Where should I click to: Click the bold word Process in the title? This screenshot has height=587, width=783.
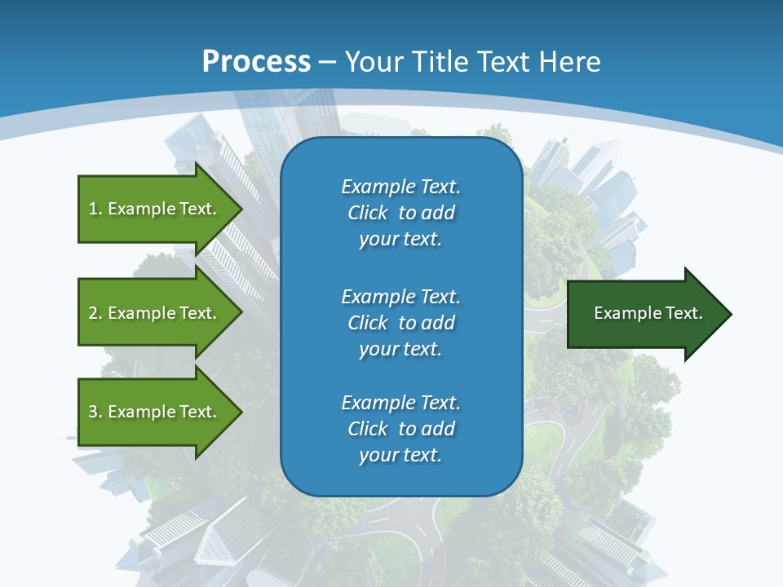point(256,62)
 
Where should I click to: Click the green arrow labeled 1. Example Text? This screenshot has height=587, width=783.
point(155,209)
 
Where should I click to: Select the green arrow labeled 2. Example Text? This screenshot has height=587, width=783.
point(155,313)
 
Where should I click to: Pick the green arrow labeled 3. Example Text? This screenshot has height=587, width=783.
point(155,412)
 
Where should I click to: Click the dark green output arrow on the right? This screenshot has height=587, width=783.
point(644,314)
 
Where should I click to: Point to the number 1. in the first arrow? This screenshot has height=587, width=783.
point(95,209)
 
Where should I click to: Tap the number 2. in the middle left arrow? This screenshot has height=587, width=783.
point(95,313)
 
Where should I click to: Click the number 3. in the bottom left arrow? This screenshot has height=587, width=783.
point(95,412)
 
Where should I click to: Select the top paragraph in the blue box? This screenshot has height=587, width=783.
point(400,213)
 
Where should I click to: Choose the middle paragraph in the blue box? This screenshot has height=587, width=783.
point(400,322)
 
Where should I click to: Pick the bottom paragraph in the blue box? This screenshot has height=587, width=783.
point(400,429)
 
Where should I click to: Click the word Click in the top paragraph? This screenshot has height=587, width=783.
point(367,213)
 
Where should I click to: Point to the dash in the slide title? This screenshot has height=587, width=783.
point(328,62)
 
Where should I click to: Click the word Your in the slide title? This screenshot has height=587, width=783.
point(376,62)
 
